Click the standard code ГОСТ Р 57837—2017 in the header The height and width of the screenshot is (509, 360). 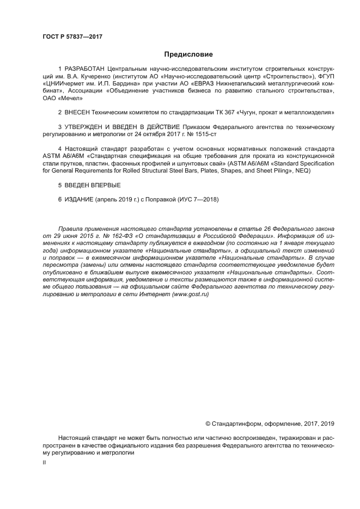[72, 36]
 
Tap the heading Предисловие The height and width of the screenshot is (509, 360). [188, 54]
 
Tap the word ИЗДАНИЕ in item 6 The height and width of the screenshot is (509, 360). [78, 199]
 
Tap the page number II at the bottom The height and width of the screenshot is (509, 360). [44, 462]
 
